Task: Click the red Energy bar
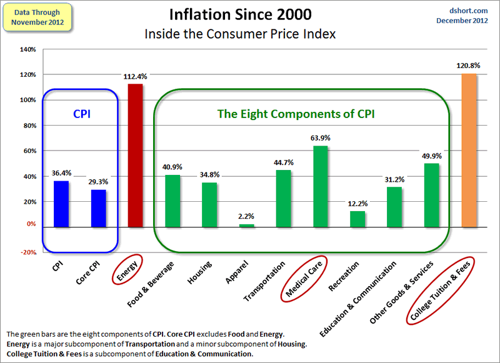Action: click(135, 154)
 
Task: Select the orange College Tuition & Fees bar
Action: click(469, 150)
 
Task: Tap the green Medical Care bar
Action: click(320, 186)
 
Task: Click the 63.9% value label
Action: click(320, 137)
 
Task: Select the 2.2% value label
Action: click(246, 216)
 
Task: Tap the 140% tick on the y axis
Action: click(27, 49)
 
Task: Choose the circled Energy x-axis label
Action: click(129, 270)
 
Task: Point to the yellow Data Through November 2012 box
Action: click(37, 17)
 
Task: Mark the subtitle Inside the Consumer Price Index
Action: click(241, 34)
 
